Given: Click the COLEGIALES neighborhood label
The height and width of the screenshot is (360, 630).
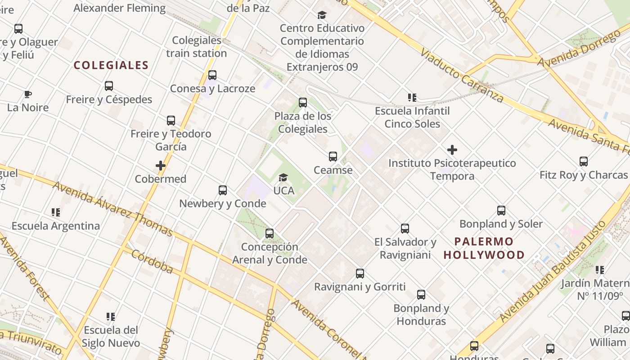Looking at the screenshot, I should (x=111, y=65).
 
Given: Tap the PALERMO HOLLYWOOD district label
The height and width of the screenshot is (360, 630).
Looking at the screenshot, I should (x=484, y=248).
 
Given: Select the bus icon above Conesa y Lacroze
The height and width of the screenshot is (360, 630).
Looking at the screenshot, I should (x=212, y=75).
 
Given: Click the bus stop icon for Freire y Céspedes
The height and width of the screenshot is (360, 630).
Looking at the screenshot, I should (x=109, y=86).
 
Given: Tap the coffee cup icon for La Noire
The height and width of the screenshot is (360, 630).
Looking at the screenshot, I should (x=28, y=94).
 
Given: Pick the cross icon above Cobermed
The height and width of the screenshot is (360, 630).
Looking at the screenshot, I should (x=161, y=166).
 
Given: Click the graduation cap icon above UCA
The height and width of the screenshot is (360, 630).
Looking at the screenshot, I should (x=283, y=178).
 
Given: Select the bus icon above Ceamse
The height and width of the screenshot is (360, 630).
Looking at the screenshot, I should (x=333, y=157).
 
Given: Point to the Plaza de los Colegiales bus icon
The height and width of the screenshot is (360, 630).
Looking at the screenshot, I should (x=303, y=103).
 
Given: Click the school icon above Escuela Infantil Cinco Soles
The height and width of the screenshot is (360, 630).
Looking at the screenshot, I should (x=412, y=97).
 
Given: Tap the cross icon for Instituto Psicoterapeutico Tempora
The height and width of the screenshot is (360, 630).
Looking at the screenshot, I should (x=452, y=150).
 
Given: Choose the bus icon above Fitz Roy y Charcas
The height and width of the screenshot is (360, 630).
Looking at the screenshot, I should (x=584, y=162).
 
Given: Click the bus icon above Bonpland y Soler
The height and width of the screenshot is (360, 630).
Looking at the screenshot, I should (x=501, y=211).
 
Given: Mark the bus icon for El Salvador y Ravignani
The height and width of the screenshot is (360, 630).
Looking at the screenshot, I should (x=405, y=229).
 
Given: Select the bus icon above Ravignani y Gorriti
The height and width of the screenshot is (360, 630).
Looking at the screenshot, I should (x=360, y=274).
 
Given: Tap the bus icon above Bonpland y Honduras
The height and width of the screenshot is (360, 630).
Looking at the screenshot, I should (x=421, y=295).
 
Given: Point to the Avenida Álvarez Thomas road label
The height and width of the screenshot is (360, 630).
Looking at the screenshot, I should (x=112, y=208).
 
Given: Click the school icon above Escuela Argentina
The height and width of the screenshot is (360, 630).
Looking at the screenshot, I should (x=56, y=212).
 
